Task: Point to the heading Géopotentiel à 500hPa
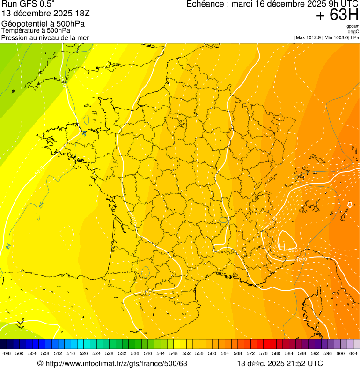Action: (x=44, y=24)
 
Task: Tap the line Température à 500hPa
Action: (x=36, y=31)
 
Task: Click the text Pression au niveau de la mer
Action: (x=45, y=38)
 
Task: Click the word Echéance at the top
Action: (x=204, y=4)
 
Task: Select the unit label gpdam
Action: (x=353, y=26)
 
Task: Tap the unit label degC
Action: (x=353, y=31)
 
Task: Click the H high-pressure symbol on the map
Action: (x=282, y=246)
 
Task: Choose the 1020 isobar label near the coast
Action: (x=301, y=259)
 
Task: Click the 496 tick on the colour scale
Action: (x=7, y=353)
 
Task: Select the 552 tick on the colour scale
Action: (x=186, y=353)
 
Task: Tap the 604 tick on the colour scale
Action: (x=353, y=353)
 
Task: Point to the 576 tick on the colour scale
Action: (x=263, y=353)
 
